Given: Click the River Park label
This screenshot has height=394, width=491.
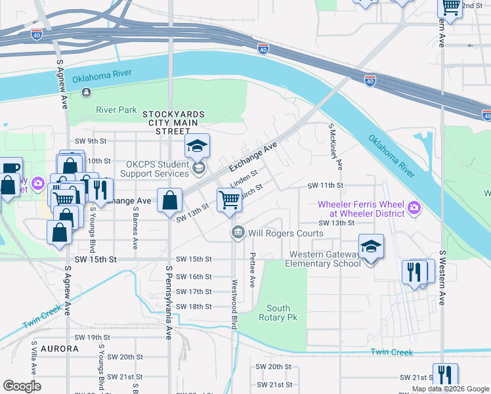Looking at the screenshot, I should pyautogui.click(x=116, y=110).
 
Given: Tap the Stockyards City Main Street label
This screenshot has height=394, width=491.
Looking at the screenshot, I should pyautogui.click(x=174, y=123).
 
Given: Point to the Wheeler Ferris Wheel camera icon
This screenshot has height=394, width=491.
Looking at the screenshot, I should pyautogui.click(x=414, y=209).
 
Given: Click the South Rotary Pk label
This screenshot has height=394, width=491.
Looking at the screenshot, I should pyautogui.click(x=278, y=313).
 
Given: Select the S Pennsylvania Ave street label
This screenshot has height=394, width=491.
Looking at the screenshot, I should pyautogui.click(x=169, y=303).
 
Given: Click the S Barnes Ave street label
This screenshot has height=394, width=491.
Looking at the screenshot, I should pyautogui.click(x=135, y=228).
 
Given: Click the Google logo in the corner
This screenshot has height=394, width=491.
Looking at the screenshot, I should pyautogui.click(x=22, y=386).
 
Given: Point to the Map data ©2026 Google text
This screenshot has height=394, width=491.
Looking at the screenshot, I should pyautogui.click(x=450, y=389).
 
